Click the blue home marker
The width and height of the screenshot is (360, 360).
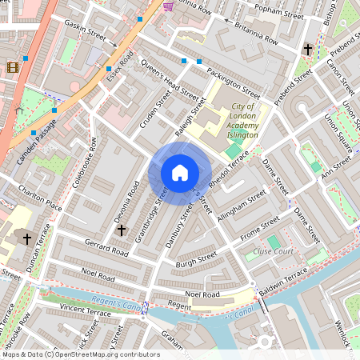[180, 172]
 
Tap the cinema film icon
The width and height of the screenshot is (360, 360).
[12, 67]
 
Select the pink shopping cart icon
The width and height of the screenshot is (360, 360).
[168, 6]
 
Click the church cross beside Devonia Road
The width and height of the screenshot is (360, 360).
[122, 230]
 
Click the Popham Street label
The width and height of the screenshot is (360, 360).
[274, 14]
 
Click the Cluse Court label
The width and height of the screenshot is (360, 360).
[273, 251]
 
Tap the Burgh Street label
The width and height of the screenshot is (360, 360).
[197, 259]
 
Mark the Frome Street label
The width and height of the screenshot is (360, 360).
[260, 226]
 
